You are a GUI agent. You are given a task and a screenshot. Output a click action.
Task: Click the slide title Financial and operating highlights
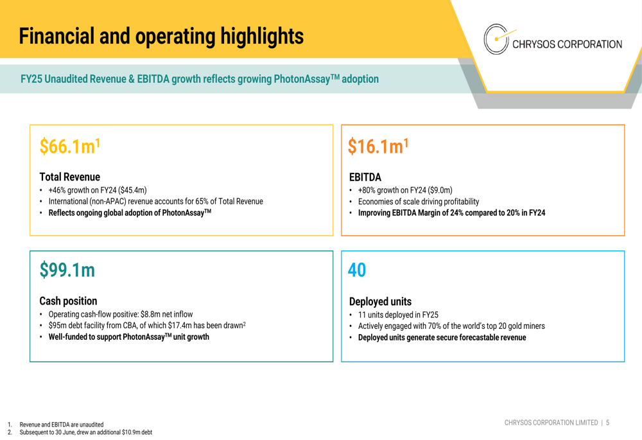[x=161, y=36]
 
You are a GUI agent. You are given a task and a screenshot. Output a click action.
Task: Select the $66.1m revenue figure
[x=69, y=146]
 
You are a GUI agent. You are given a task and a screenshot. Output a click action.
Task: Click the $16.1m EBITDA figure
[x=377, y=146]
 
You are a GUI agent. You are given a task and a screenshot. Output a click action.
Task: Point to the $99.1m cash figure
[x=67, y=270]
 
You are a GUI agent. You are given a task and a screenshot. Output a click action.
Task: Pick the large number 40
[x=357, y=270]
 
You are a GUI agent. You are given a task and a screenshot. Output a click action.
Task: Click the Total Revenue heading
[x=69, y=177]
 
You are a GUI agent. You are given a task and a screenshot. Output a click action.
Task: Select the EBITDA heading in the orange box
[x=365, y=177]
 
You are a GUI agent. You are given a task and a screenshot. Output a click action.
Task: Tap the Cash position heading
[x=68, y=301]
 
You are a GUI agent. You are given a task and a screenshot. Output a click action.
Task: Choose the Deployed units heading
[x=380, y=301]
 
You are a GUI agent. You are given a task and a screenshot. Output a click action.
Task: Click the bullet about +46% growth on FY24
[x=98, y=190]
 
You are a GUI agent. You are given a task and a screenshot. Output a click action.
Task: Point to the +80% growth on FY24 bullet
[x=405, y=190]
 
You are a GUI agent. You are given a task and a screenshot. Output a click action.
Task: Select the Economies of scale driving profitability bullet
[x=419, y=202]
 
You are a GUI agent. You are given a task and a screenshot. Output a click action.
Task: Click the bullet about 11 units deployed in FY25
[x=398, y=315]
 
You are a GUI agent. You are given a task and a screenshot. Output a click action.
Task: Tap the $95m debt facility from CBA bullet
[x=146, y=326]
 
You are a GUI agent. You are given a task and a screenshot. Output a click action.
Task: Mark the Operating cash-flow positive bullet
[x=121, y=314]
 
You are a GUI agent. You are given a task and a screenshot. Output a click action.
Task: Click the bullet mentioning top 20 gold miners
[x=451, y=326]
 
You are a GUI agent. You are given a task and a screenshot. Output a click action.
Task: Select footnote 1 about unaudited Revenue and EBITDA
[x=61, y=425]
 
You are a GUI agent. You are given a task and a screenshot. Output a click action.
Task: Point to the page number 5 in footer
[x=607, y=423]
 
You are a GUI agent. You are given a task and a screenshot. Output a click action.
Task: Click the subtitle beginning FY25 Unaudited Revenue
[x=200, y=80]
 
